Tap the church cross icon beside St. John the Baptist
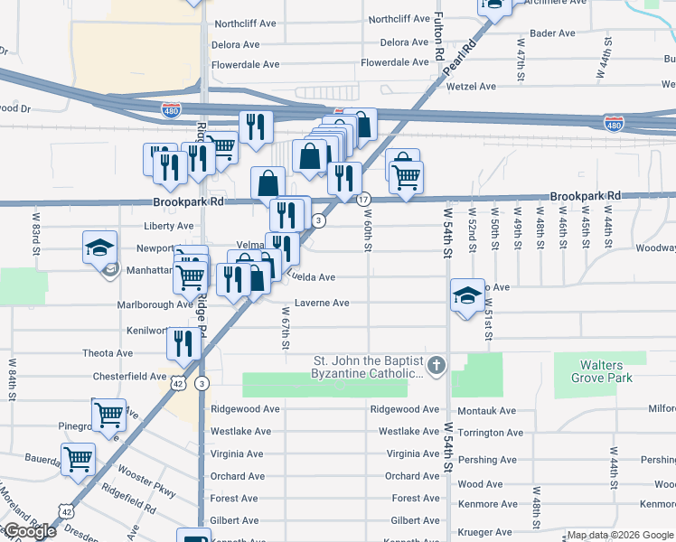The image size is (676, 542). click(x=437, y=366)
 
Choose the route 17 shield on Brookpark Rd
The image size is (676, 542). click(x=362, y=199)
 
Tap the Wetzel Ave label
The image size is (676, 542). click(x=474, y=87)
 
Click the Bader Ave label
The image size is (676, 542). click(x=553, y=33)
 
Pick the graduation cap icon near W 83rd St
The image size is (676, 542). click(x=99, y=247)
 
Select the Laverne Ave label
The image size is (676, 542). click(x=322, y=304)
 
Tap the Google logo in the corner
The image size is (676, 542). click(x=29, y=531)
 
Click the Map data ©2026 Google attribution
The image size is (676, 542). click(x=620, y=536)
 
